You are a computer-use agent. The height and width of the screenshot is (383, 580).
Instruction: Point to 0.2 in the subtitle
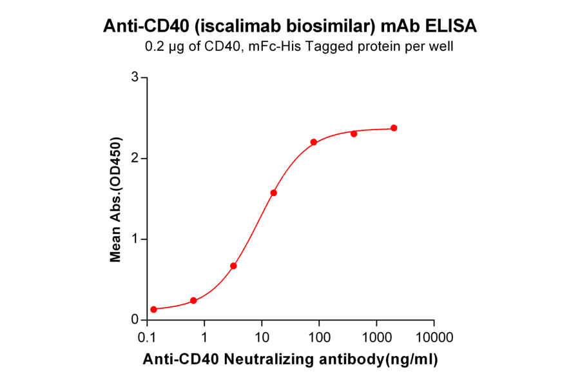tap(155, 46)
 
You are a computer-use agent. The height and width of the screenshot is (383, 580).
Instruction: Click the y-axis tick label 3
tap(135, 77)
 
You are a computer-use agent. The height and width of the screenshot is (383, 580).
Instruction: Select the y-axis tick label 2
tap(135, 158)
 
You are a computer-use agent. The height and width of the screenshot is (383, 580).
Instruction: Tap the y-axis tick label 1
tap(135, 239)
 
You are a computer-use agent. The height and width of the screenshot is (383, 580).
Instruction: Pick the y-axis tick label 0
tap(135, 320)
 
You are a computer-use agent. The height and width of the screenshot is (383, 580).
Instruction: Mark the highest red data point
tap(394, 128)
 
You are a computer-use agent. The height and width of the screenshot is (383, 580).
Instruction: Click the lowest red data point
tap(153, 309)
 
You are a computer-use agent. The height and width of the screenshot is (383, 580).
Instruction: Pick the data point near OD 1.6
tap(273, 193)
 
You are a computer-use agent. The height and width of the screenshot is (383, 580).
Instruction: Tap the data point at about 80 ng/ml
tap(313, 142)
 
